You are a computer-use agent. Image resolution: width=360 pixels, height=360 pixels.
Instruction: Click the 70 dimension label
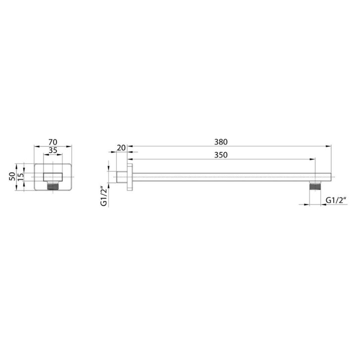tap(53, 142)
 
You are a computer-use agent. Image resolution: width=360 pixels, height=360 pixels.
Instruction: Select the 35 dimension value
tap(53, 151)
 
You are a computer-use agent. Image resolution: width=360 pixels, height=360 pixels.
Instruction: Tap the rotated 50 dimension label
tap(12, 176)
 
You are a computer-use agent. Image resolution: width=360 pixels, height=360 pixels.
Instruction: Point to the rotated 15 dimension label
tap(21, 176)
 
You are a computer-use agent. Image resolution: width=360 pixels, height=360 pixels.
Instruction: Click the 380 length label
tap(221, 142)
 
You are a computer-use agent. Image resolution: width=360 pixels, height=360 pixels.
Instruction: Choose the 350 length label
tap(221, 155)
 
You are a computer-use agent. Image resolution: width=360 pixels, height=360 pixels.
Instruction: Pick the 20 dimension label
tap(121, 148)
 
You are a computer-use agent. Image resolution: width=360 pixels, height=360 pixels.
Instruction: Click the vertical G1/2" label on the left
tap(104, 197)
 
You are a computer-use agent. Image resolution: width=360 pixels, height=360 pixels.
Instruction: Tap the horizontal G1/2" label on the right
tap(336, 200)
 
